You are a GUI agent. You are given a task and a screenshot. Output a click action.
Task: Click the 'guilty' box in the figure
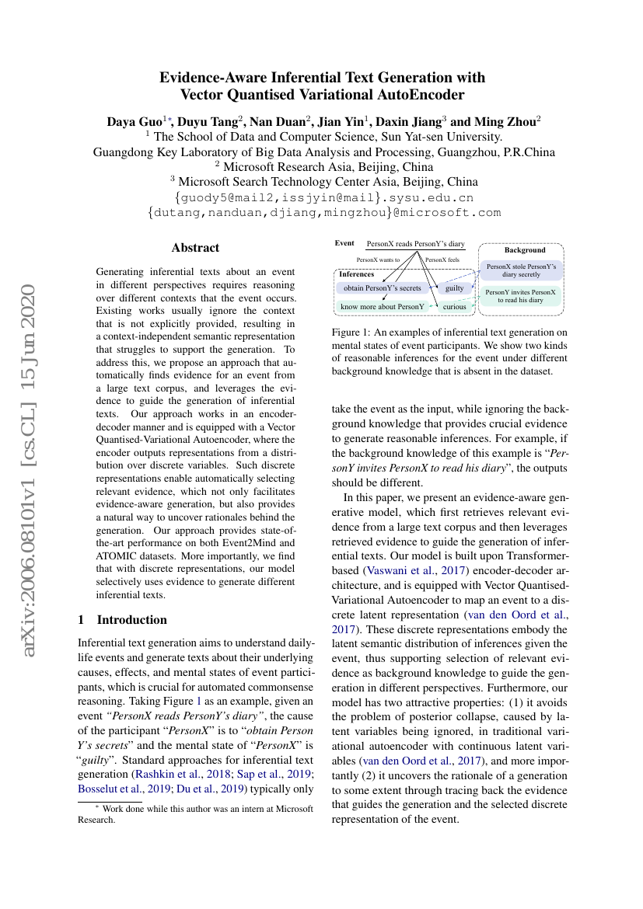454,288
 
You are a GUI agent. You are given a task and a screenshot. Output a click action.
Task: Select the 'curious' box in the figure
454,307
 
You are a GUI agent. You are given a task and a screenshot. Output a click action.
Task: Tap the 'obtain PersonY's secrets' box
383,288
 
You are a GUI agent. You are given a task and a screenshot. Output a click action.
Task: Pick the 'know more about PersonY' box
383,307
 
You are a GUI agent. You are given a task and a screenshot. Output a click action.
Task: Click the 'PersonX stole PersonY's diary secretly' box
521,270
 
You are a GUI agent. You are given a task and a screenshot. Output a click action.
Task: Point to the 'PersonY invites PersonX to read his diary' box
521,296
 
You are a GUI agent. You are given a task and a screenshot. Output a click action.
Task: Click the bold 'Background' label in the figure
525,250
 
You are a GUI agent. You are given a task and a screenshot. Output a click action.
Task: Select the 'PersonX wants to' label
378,259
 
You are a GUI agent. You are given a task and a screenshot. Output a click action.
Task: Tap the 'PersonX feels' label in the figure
442,259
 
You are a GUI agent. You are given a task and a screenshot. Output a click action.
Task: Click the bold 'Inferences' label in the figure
356,274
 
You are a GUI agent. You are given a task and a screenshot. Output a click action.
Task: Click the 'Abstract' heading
195,248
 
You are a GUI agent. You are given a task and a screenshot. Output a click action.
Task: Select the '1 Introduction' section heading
123,620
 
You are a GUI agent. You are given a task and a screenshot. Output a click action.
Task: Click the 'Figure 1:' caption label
355,333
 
